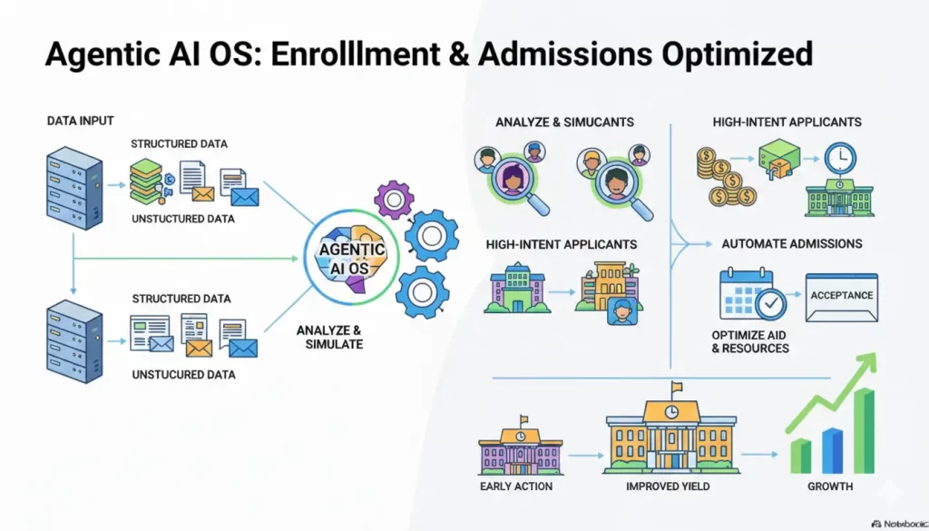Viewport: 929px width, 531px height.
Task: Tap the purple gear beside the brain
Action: click(x=394, y=200)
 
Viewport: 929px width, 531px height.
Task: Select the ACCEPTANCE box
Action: click(x=841, y=297)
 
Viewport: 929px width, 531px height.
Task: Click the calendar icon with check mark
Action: click(x=751, y=294)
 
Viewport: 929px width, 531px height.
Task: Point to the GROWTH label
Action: click(x=830, y=487)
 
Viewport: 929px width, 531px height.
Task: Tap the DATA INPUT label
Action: click(x=81, y=120)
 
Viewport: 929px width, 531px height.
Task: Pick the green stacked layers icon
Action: click(x=146, y=182)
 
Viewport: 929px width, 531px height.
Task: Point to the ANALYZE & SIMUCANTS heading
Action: click(x=564, y=122)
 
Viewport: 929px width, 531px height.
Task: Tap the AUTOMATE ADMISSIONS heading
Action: click(x=791, y=243)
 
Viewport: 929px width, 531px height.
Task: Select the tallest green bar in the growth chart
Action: click(x=863, y=431)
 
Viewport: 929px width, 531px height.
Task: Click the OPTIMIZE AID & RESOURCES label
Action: click(x=750, y=341)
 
